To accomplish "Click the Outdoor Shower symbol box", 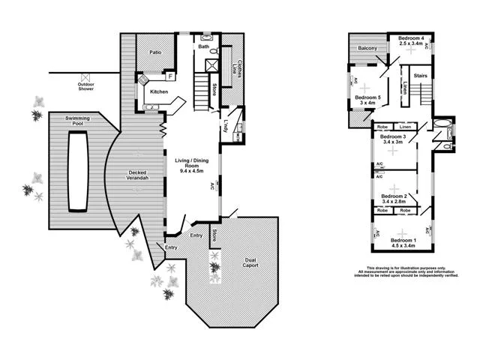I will click(x=86, y=76).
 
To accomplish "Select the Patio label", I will click(x=155, y=52).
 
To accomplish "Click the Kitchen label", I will click(x=159, y=91).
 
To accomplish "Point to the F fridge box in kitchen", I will click(x=170, y=76).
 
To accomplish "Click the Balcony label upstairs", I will click(x=367, y=49).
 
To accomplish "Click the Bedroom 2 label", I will click(x=394, y=196).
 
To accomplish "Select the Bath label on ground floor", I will click(x=203, y=46).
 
